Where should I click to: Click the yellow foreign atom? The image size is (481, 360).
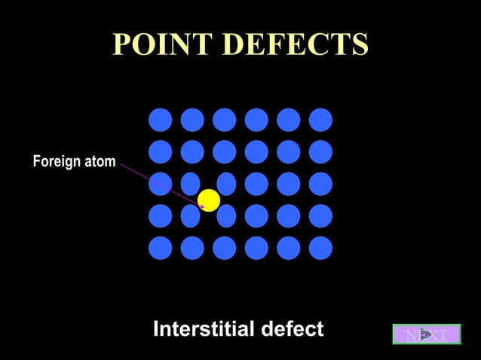point(208,200)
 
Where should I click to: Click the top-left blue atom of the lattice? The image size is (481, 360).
point(160,120)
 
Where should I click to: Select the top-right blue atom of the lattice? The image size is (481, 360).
point(320,120)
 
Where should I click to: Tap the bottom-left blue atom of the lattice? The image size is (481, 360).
point(160,248)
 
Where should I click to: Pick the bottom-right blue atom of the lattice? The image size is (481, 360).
point(320,248)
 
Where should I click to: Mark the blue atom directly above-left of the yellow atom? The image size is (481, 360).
point(191,184)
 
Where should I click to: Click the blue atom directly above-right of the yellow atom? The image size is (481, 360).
point(226,184)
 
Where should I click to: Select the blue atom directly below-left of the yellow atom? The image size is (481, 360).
point(191,216)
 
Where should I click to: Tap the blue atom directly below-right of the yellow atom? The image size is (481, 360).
point(226,216)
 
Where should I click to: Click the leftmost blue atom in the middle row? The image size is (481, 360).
point(160,184)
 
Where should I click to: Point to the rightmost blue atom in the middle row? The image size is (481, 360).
point(320,184)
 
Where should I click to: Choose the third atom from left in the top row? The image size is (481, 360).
point(224,120)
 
